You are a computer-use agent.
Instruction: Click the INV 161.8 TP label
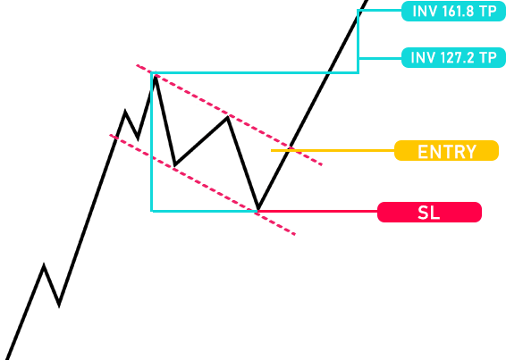pos(453,12)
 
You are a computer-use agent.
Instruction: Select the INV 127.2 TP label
pos(453,58)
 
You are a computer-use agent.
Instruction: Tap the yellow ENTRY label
pos(447,151)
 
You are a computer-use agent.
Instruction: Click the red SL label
pos(429,213)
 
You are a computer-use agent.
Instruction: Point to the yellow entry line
pos(333,151)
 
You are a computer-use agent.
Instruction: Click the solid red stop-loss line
pos(317,212)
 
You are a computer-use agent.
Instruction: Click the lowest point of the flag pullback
pos(258,210)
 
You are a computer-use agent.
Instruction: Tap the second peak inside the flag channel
pos(228,117)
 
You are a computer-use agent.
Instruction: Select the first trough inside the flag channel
pos(174,165)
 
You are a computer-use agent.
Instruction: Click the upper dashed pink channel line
pos(229,115)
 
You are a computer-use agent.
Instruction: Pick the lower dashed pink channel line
pos(202,185)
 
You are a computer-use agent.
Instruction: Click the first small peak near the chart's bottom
pos(44,265)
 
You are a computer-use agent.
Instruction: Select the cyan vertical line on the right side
pos(358,42)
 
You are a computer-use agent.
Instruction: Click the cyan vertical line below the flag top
pos(152,142)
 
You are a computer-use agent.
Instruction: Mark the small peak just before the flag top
pos(125,112)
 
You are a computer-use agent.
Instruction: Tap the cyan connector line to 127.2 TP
pos(381,58)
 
